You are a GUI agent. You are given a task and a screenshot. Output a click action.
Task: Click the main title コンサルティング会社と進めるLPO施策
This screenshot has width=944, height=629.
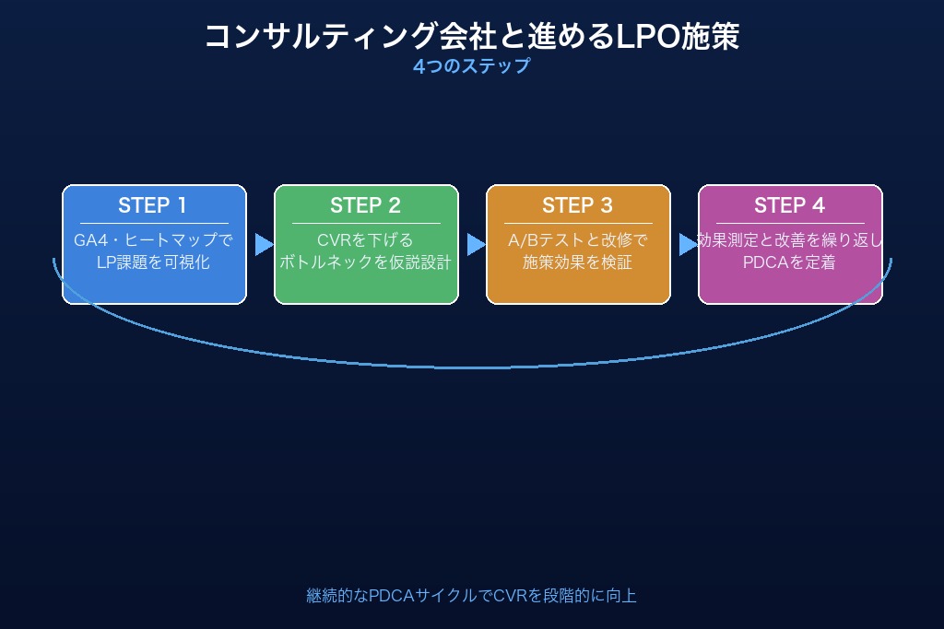pyautogui.click(x=471, y=37)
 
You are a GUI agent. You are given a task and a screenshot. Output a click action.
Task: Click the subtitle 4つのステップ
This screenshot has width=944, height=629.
pyautogui.click(x=471, y=66)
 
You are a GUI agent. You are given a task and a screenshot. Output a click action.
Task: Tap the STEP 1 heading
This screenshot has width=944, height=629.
pyautogui.click(x=154, y=205)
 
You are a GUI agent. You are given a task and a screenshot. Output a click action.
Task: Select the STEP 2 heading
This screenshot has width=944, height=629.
pyautogui.click(x=366, y=205)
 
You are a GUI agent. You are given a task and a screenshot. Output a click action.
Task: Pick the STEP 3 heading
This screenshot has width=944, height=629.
pyautogui.click(x=578, y=205)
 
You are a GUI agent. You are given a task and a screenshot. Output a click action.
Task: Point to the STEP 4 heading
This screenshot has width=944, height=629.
pyautogui.click(x=790, y=205)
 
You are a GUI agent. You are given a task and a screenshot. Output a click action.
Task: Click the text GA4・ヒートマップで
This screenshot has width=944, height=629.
pyautogui.click(x=154, y=240)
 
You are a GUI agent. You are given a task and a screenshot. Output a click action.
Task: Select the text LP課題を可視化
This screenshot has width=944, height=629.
pyautogui.click(x=154, y=262)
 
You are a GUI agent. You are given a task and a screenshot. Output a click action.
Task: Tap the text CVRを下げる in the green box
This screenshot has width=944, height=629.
pyautogui.click(x=366, y=240)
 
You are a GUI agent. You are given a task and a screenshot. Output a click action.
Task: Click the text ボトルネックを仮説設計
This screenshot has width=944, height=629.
pyautogui.click(x=366, y=262)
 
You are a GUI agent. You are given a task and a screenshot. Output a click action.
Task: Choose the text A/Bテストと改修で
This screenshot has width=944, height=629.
pyautogui.click(x=578, y=240)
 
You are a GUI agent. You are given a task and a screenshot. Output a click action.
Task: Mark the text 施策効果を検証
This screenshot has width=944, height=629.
pyautogui.click(x=578, y=262)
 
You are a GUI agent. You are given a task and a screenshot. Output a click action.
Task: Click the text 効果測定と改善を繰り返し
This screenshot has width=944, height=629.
pyautogui.click(x=790, y=240)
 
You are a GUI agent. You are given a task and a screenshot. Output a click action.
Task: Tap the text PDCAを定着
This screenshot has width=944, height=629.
pyautogui.click(x=790, y=262)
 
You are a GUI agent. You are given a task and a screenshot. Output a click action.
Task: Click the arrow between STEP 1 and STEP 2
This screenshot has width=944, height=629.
pyautogui.click(x=263, y=244)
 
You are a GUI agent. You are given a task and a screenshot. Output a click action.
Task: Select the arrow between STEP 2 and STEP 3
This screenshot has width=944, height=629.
pyautogui.click(x=475, y=244)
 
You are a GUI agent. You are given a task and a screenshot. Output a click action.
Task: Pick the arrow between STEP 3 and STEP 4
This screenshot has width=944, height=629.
pyautogui.click(x=687, y=244)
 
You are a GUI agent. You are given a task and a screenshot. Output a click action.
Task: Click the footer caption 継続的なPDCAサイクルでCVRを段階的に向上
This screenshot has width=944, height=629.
pyautogui.click(x=471, y=596)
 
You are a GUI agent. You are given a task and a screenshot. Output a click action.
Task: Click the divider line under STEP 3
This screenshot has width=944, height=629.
pyautogui.click(x=578, y=223)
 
